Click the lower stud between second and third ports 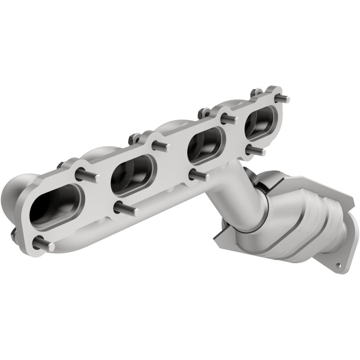point(199,175)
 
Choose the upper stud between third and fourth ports point(229,119)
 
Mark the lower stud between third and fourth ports point(255,149)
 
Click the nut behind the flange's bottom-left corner point(13,234)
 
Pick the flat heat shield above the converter point(279,178)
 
